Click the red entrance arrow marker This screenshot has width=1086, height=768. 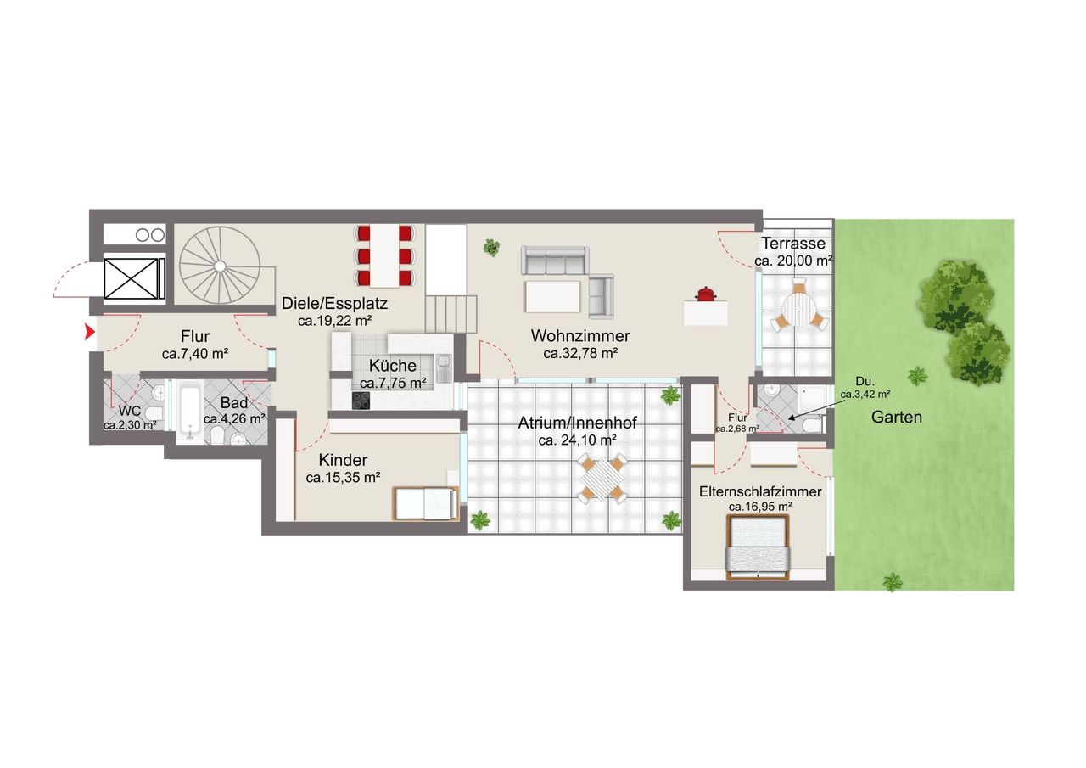click(x=90, y=332)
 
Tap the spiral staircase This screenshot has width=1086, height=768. click(x=220, y=266)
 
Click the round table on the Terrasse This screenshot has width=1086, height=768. click(x=798, y=311)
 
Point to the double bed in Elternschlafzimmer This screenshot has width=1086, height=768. click(x=758, y=547)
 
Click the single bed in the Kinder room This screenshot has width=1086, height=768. click(x=426, y=503)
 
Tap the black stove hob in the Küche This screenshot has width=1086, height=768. click(x=361, y=401)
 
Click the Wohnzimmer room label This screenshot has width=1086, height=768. click(x=580, y=335)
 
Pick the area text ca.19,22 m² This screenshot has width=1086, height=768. click(x=334, y=321)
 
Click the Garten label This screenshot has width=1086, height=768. click(x=897, y=417)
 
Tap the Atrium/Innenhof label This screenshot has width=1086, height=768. click(x=578, y=423)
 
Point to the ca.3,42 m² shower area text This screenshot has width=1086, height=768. click(x=865, y=395)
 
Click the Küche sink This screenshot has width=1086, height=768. click(x=444, y=367)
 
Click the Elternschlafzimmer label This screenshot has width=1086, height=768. click(x=760, y=491)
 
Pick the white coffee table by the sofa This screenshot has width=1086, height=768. click(x=552, y=297)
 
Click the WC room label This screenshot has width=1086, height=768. click(x=130, y=411)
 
